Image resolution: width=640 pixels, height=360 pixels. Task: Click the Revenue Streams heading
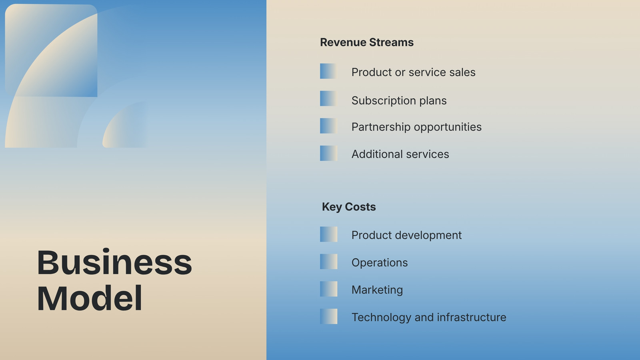(x=366, y=42)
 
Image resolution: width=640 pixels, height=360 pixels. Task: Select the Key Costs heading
(x=348, y=207)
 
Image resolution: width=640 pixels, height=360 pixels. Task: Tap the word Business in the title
(x=114, y=262)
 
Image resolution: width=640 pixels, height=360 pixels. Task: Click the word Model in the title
(x=90, y=298)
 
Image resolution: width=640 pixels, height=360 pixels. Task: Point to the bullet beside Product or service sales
(x=328, y=71)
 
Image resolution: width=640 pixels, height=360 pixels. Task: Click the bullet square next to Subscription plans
(x=328, y=98)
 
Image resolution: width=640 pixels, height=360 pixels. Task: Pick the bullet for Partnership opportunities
(x=328, y=126)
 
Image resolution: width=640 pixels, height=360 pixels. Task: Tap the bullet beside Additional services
(x=328, y=153)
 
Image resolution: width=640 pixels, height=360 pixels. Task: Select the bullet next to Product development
(x=328, y=234)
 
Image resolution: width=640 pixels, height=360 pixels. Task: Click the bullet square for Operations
(x=328, y=262)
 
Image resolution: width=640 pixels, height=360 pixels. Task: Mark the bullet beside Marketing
(x=328, y=289)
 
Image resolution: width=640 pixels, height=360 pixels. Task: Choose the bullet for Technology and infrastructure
(x=328, y=316)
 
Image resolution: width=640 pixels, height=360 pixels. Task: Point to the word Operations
(x=380, y=263)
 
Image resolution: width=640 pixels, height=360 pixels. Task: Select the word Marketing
(x=377, y=290)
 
